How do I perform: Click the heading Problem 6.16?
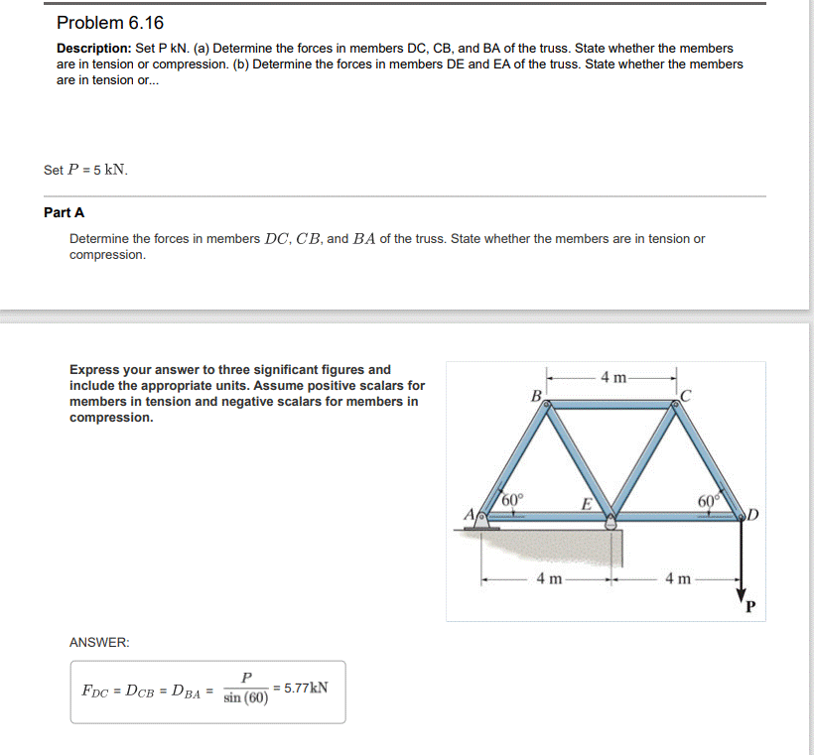click(110, 23)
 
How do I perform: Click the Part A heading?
click(65, 212)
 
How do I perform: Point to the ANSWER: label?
click(99, 643)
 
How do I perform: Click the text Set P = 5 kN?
click(85, 170)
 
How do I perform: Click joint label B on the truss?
click(536, 395)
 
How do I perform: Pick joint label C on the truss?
click(685, 396)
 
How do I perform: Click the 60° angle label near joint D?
click(707, 500)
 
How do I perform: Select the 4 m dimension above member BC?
click(613, 376)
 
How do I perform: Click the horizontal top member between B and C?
click(613, 404)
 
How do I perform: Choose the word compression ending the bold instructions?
click(112, 418)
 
